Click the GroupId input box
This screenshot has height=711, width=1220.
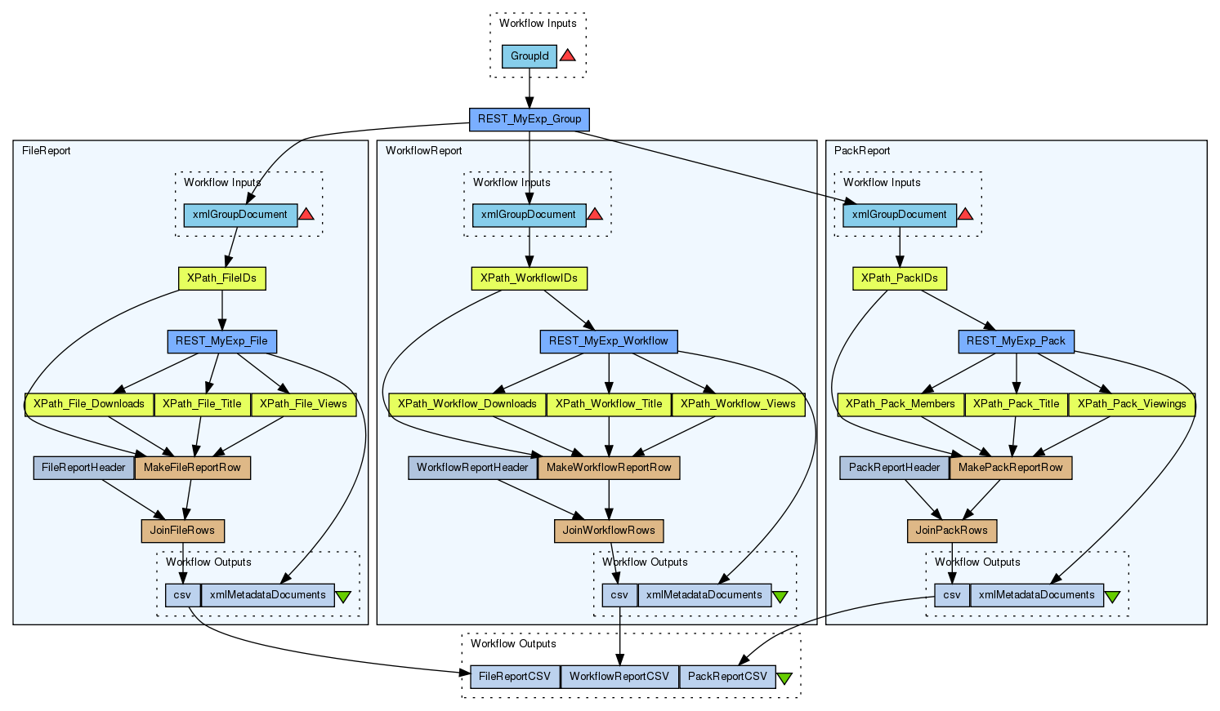point(530,56)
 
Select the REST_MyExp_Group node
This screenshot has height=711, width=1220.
point(530,119)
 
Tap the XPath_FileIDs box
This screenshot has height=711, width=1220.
point(221,278)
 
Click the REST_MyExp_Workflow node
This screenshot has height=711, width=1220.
point(609,341)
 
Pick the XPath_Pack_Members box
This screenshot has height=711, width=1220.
point(900,404)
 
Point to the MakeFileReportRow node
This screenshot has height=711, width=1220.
point(192,468)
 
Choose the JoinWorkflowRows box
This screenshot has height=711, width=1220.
point(609,531)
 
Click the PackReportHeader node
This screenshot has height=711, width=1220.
point(895,468)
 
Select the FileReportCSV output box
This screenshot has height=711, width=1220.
point(515,677)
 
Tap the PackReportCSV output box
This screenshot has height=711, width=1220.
point(727,677)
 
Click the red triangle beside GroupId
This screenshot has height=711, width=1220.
point(567,56)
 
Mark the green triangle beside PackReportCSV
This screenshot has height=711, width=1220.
point(784,678)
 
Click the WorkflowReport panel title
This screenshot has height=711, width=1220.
point(423,151)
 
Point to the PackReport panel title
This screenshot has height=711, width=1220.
point(861,151)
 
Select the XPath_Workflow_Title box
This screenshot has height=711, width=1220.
point(609,404)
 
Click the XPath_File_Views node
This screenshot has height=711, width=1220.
point(303,404)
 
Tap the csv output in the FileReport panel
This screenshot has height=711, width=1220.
point(182,595)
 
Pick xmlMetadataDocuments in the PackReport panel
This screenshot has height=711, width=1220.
point(1036,595)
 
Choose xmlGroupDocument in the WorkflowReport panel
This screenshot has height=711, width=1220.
point(529,216)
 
